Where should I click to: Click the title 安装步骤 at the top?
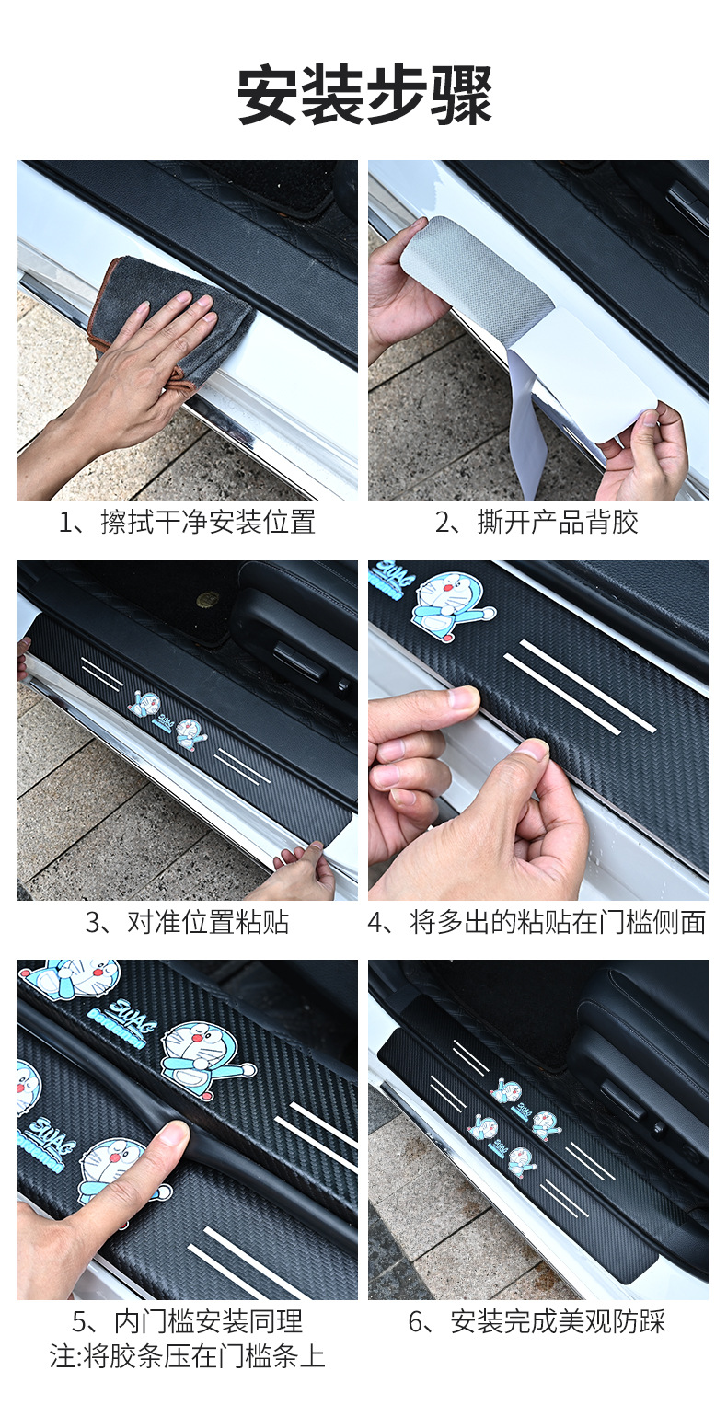click(x=364, y=95)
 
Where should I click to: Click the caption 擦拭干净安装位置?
click(x=208, y=522)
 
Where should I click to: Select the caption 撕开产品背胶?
click(x=557, y=522)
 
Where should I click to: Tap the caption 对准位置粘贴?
click(x=208, y=922)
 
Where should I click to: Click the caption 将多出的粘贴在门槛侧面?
click(x=557, y=922)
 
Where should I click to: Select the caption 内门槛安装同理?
click(x=208, y=1321)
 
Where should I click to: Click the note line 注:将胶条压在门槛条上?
click(x=188, y=1356)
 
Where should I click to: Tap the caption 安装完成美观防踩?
click(x=558, y=1321)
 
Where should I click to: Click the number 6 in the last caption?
click(x=416, y=1322)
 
